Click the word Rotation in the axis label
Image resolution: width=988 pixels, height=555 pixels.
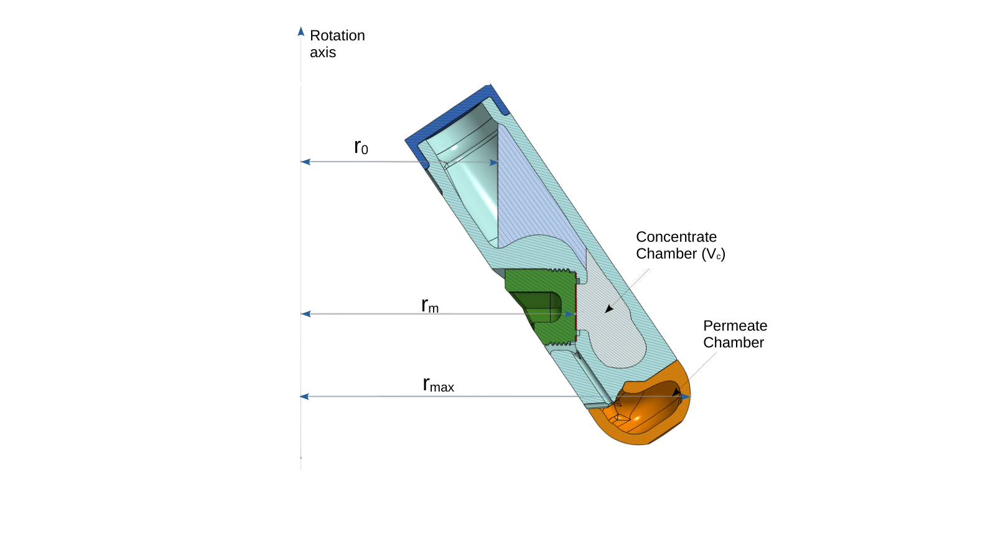tap(337, 35)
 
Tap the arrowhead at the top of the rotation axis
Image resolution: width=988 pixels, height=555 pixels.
tap(301, 31)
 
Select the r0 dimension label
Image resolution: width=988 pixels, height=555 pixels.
tap(361, 147)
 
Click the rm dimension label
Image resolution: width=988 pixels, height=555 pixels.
tap(430, 305)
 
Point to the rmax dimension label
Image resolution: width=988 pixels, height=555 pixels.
tap(438, 385)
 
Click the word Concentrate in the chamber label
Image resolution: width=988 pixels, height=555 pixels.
tap(676, 237)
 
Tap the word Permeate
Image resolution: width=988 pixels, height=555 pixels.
tap(735, 326)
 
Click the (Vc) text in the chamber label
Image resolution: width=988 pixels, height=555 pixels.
tap(713, 254)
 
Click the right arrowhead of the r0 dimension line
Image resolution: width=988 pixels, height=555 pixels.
tap(494, 162)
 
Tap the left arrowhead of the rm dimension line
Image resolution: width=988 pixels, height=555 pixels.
tap(305, 314)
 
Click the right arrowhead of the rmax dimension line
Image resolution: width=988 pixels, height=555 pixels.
tap(686, 397)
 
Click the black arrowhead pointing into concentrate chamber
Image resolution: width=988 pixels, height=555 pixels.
tap(609, 309)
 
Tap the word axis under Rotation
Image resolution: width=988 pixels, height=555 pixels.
tap(322, 53)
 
